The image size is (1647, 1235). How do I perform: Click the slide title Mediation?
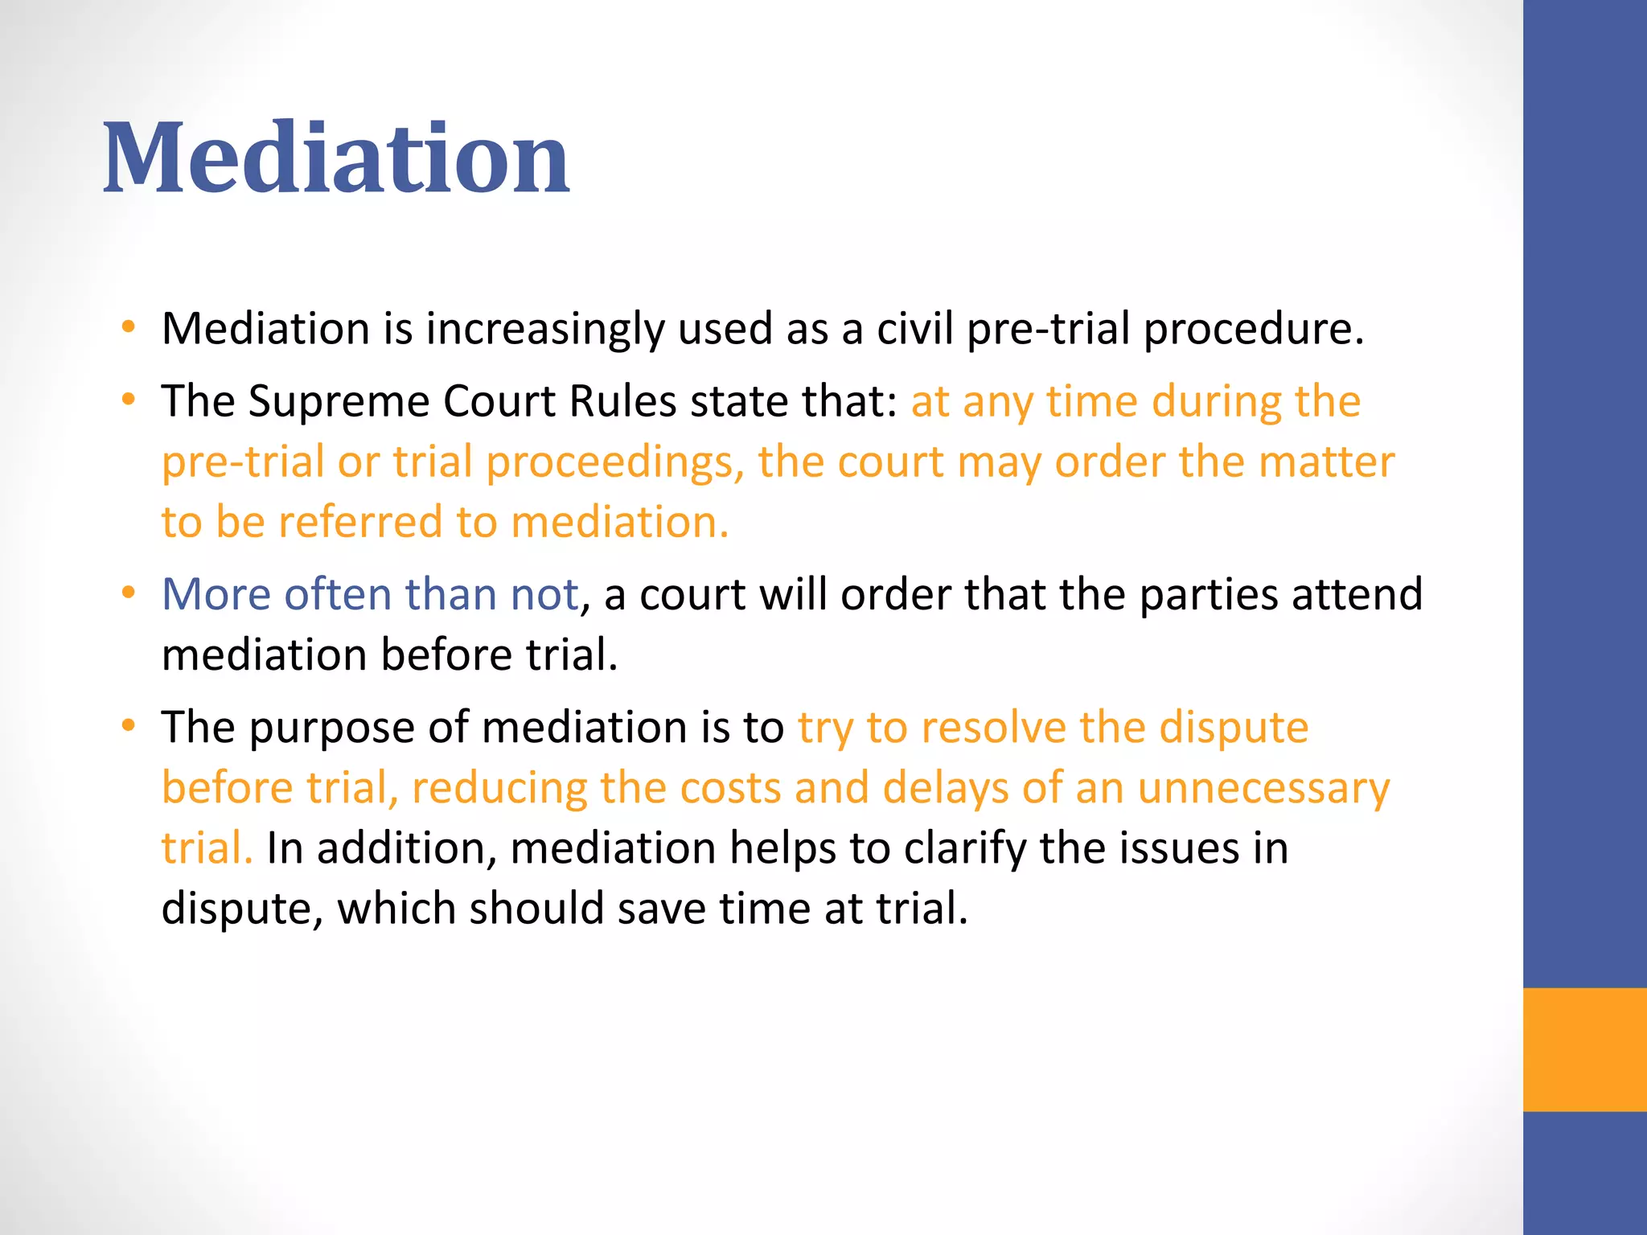(336, 158)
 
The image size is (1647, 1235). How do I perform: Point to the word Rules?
(622, 401)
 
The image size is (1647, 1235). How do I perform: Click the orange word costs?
(730, 788)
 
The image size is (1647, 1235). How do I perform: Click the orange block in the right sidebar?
(1585, 1049)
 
